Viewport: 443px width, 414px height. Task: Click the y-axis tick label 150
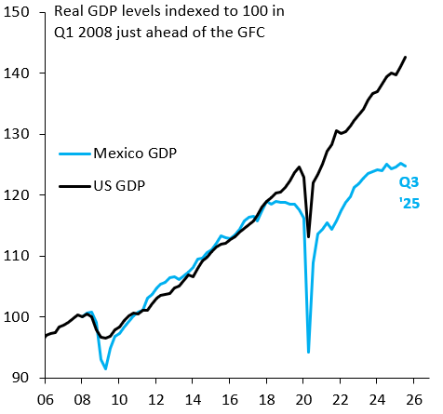pyautogui.click(x=20, y=12)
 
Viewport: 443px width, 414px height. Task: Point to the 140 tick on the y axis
pyautogui.click(x=20, y=73)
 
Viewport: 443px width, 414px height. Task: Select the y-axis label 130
pyautogui.click(x=20, y=134)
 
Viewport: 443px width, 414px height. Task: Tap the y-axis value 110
pyautogui.click(x=20, y=256)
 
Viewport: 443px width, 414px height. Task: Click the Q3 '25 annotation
pyautogui.click(x=409, y=191)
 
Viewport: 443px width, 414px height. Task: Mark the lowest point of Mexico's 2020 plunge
pyautogui.click(x=308, y=353)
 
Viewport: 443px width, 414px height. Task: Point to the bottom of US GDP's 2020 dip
pyautogui.click(x=308, y=237)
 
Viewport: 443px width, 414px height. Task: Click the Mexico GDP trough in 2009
pyautogui.click(x=105, y=369)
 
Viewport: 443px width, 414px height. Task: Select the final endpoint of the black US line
pyautogui.click(x=406, y=57)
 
